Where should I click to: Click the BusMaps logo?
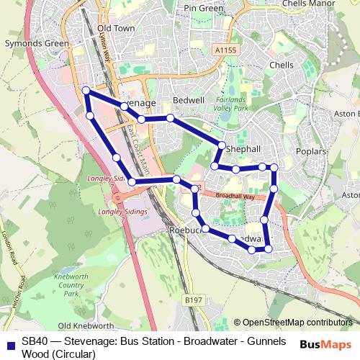[325, 344]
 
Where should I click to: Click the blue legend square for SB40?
[9, 341]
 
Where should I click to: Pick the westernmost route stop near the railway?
[86, 91]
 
